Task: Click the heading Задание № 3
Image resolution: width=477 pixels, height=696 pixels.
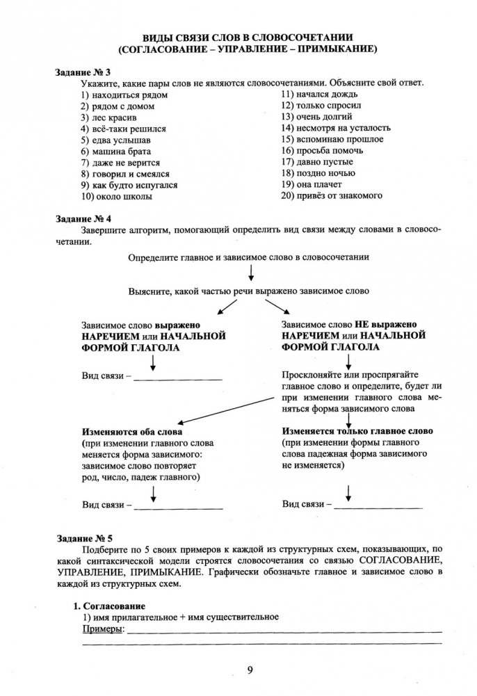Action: tap(83, 72)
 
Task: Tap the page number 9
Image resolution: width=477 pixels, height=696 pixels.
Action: tap(248, 670)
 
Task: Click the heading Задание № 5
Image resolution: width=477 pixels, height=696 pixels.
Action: tap(83, 539)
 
